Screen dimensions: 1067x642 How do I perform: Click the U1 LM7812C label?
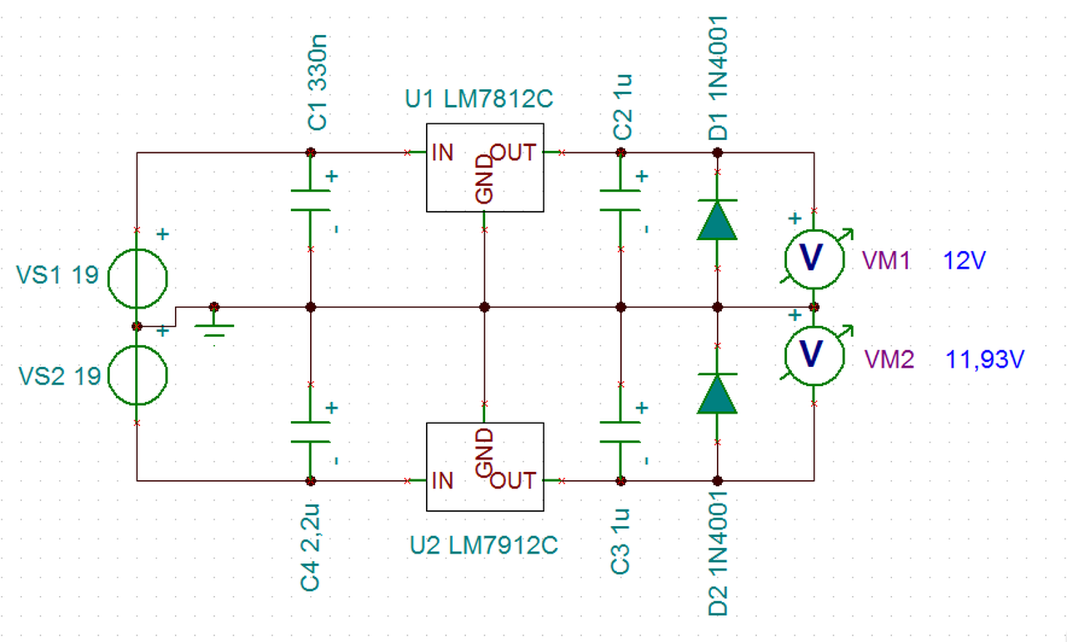478,99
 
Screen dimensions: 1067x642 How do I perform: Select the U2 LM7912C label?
483,545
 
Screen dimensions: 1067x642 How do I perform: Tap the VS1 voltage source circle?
138,249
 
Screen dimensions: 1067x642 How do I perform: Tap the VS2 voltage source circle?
138,346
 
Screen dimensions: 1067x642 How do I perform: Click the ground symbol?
214,326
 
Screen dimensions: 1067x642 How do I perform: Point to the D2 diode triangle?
718,394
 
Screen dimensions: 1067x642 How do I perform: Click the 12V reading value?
964,261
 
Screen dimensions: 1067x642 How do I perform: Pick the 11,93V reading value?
984,359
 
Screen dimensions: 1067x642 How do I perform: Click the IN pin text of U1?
443,153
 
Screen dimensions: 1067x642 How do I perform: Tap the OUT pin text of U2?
513,480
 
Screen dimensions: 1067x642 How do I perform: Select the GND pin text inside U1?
484,178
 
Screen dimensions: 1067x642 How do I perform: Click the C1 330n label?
318,83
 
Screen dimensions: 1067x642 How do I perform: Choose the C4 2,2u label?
310,547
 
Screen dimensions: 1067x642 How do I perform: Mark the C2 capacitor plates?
620,200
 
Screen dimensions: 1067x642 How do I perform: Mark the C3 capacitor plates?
620,432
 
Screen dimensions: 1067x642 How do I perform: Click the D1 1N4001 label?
718,78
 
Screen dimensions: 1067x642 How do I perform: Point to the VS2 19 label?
59,376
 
